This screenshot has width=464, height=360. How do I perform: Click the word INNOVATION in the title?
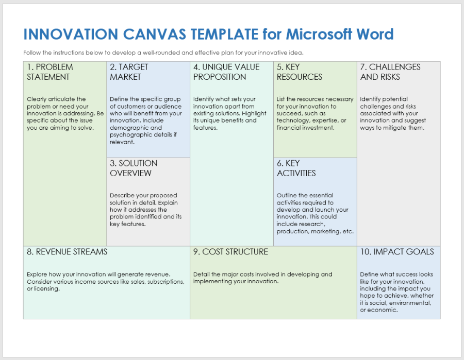(71, 35)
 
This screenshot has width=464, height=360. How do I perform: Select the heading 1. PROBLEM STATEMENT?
(49, 72)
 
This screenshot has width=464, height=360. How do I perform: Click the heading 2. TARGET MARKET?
(129, 72)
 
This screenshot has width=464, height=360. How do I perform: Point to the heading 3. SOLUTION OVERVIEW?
(134, 168)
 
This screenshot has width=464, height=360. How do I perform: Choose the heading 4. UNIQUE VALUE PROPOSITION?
(226, 72)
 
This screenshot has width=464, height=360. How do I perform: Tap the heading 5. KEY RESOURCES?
(300, 72)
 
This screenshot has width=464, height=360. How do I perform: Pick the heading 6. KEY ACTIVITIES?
(296, 168)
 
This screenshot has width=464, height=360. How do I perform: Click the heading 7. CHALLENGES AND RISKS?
(390, 72)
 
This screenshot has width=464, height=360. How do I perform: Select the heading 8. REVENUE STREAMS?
(67, 252)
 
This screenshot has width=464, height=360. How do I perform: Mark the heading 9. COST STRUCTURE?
(230, 252)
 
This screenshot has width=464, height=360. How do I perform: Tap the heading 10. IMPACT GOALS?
(397, 252)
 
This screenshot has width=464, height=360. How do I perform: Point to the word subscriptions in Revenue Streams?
(167, 282)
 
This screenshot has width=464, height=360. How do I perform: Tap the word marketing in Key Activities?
(325, 231)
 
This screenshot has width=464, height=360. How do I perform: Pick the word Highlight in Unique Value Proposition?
(254, 113)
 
